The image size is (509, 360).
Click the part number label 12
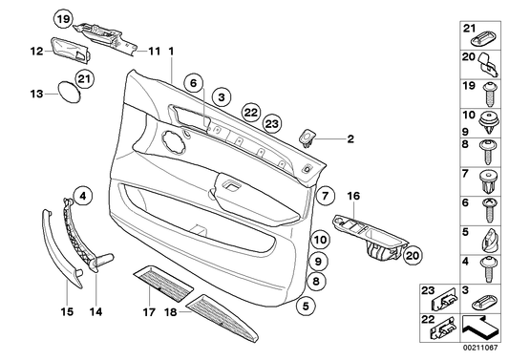click(34, 53)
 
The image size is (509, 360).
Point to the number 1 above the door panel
click(171, 51)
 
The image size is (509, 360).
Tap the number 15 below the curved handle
click(67, 310)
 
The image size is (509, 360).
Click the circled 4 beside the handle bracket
click(83, 196)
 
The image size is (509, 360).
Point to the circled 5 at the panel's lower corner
click(305, 307)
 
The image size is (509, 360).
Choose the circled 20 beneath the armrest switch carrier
click(412, 255)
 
